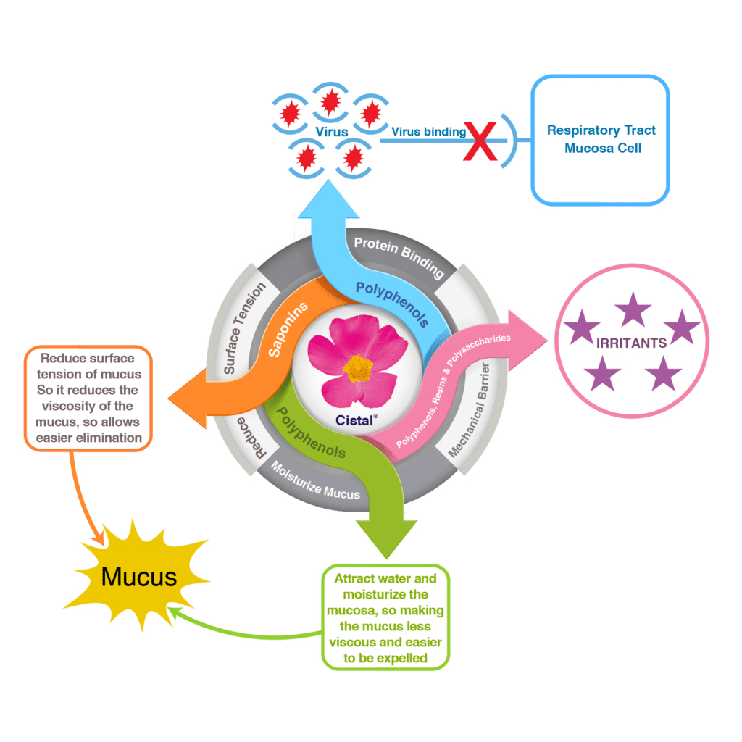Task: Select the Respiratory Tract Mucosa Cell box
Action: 600,139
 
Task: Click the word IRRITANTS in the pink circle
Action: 631,343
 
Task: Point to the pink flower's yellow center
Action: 358,369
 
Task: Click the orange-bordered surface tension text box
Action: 88,397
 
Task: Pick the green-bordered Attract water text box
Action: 385,617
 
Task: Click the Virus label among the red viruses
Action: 332,133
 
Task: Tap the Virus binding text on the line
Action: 428,131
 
